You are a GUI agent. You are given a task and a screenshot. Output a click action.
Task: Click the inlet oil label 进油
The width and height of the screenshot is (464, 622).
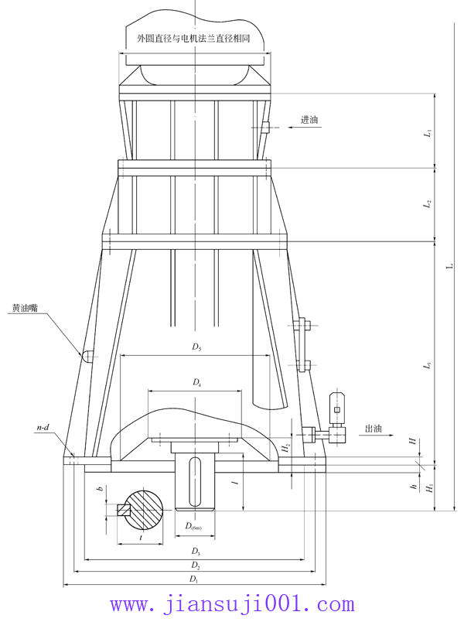tap(309, 120)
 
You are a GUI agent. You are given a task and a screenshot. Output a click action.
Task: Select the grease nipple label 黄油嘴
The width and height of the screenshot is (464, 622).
tap(25, 308)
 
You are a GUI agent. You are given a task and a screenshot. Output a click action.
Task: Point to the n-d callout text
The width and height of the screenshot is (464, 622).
tap(44, 428)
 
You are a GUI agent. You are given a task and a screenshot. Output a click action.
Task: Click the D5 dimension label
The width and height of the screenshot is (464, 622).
tap(197, 347)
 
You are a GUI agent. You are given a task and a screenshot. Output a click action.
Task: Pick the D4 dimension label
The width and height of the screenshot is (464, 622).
tap(197, 383)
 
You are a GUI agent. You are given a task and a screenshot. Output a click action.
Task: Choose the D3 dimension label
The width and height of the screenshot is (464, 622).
tap(196, 552)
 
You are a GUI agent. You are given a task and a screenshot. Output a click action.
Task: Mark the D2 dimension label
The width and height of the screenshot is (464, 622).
tap(196, 566)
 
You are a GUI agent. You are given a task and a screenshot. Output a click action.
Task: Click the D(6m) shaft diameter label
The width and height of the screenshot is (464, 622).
tap(194, 527)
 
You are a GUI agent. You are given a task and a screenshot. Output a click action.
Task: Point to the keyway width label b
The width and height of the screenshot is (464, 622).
tap(100, 489)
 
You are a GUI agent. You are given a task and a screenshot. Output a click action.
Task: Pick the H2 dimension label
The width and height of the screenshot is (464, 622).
tap(285, 447)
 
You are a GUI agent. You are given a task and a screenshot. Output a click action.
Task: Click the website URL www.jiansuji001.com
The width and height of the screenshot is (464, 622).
tap(232, 604)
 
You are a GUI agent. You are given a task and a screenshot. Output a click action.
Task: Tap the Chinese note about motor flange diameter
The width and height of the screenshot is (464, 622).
tap(193, 36)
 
